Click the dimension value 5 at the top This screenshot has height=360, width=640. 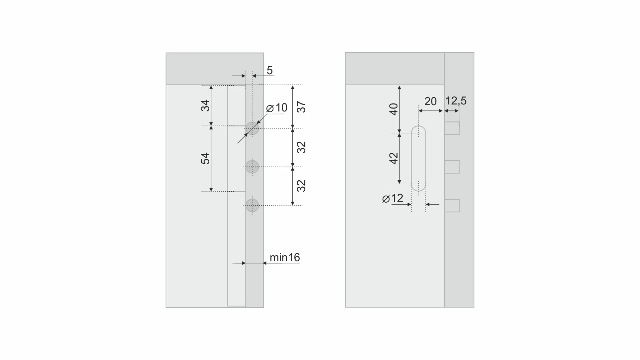point(270,71)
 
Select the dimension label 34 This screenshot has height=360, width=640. point(206,105)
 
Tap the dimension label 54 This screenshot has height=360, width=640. point(206,158)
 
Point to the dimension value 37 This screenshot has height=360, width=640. point(301,107)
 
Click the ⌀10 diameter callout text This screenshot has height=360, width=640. point(277,108)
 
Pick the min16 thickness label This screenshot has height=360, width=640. point(285,257)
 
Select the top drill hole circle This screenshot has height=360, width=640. point(252,128)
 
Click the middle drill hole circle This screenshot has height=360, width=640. point(252,167)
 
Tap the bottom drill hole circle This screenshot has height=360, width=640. point(252,205)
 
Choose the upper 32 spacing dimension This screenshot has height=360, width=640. point(301,147)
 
